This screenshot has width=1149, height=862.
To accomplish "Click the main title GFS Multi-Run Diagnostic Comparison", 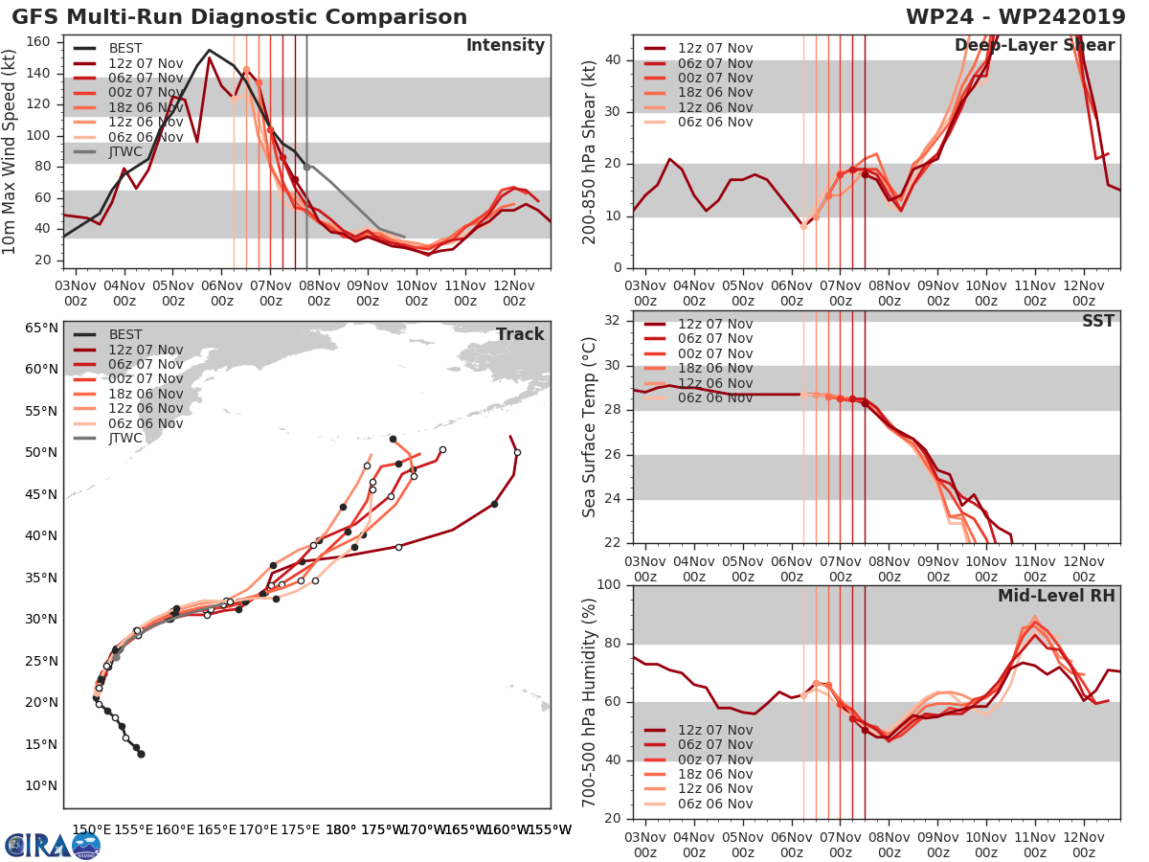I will (x=240, y=17).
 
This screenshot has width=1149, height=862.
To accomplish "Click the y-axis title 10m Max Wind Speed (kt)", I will (x=11, y=153).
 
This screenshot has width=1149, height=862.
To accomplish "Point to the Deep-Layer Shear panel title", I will (x=1034, y=46).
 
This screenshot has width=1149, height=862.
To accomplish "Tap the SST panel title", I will (x=1098, y=321).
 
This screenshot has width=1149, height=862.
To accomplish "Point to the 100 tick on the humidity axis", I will (x=610, y=585).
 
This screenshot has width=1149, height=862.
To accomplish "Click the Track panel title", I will (x=520, y=334).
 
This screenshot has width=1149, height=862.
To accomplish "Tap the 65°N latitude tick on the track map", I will (x=41, y=328).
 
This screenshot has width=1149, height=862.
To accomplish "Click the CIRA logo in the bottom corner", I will (x=52, y=845).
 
